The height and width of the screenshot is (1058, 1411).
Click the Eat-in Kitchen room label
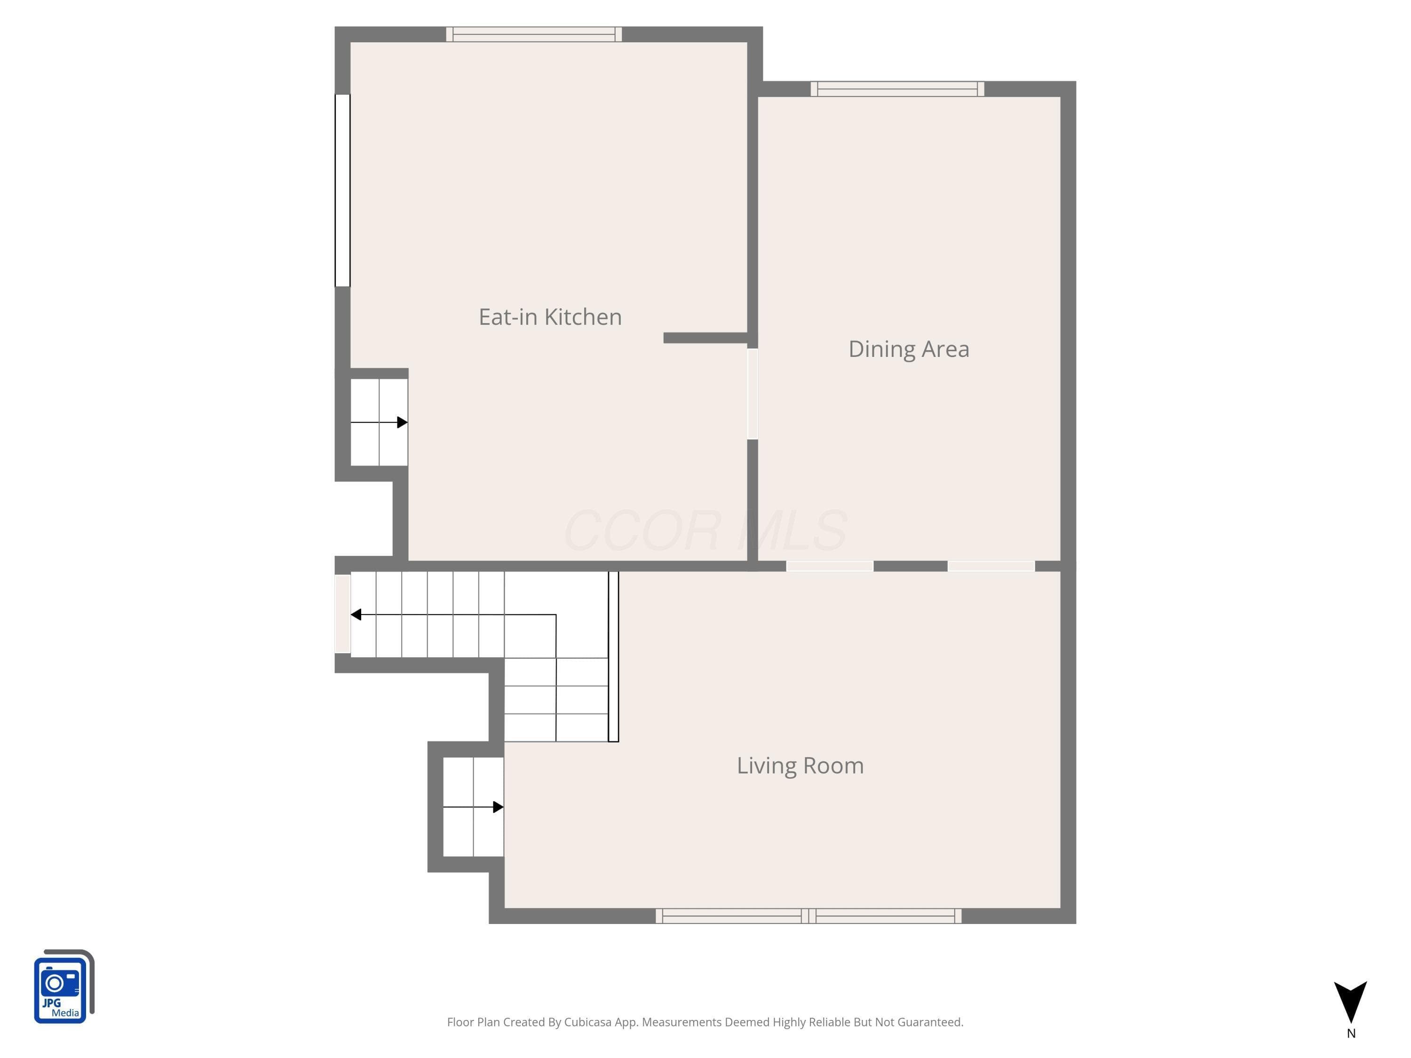click(x=550, y=317)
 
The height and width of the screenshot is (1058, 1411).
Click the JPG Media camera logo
click(x=64, y=986)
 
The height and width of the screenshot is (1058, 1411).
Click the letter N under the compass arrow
click(x=1351, y=1034)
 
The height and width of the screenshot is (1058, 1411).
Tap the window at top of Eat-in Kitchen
click(x=534, y=34)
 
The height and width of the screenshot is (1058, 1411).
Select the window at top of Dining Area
click(x=897, y=89)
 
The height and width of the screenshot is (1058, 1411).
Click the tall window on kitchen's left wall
click(x=342, y=190)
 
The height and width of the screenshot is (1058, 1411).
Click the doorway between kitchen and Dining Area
click(x=753, y=394)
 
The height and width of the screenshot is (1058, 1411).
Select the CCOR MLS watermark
click(x=705, y=530)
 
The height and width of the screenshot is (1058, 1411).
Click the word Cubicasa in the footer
click(x=587, y=1022)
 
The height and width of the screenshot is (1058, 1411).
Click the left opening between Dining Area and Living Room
click(x=830, y=566)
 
